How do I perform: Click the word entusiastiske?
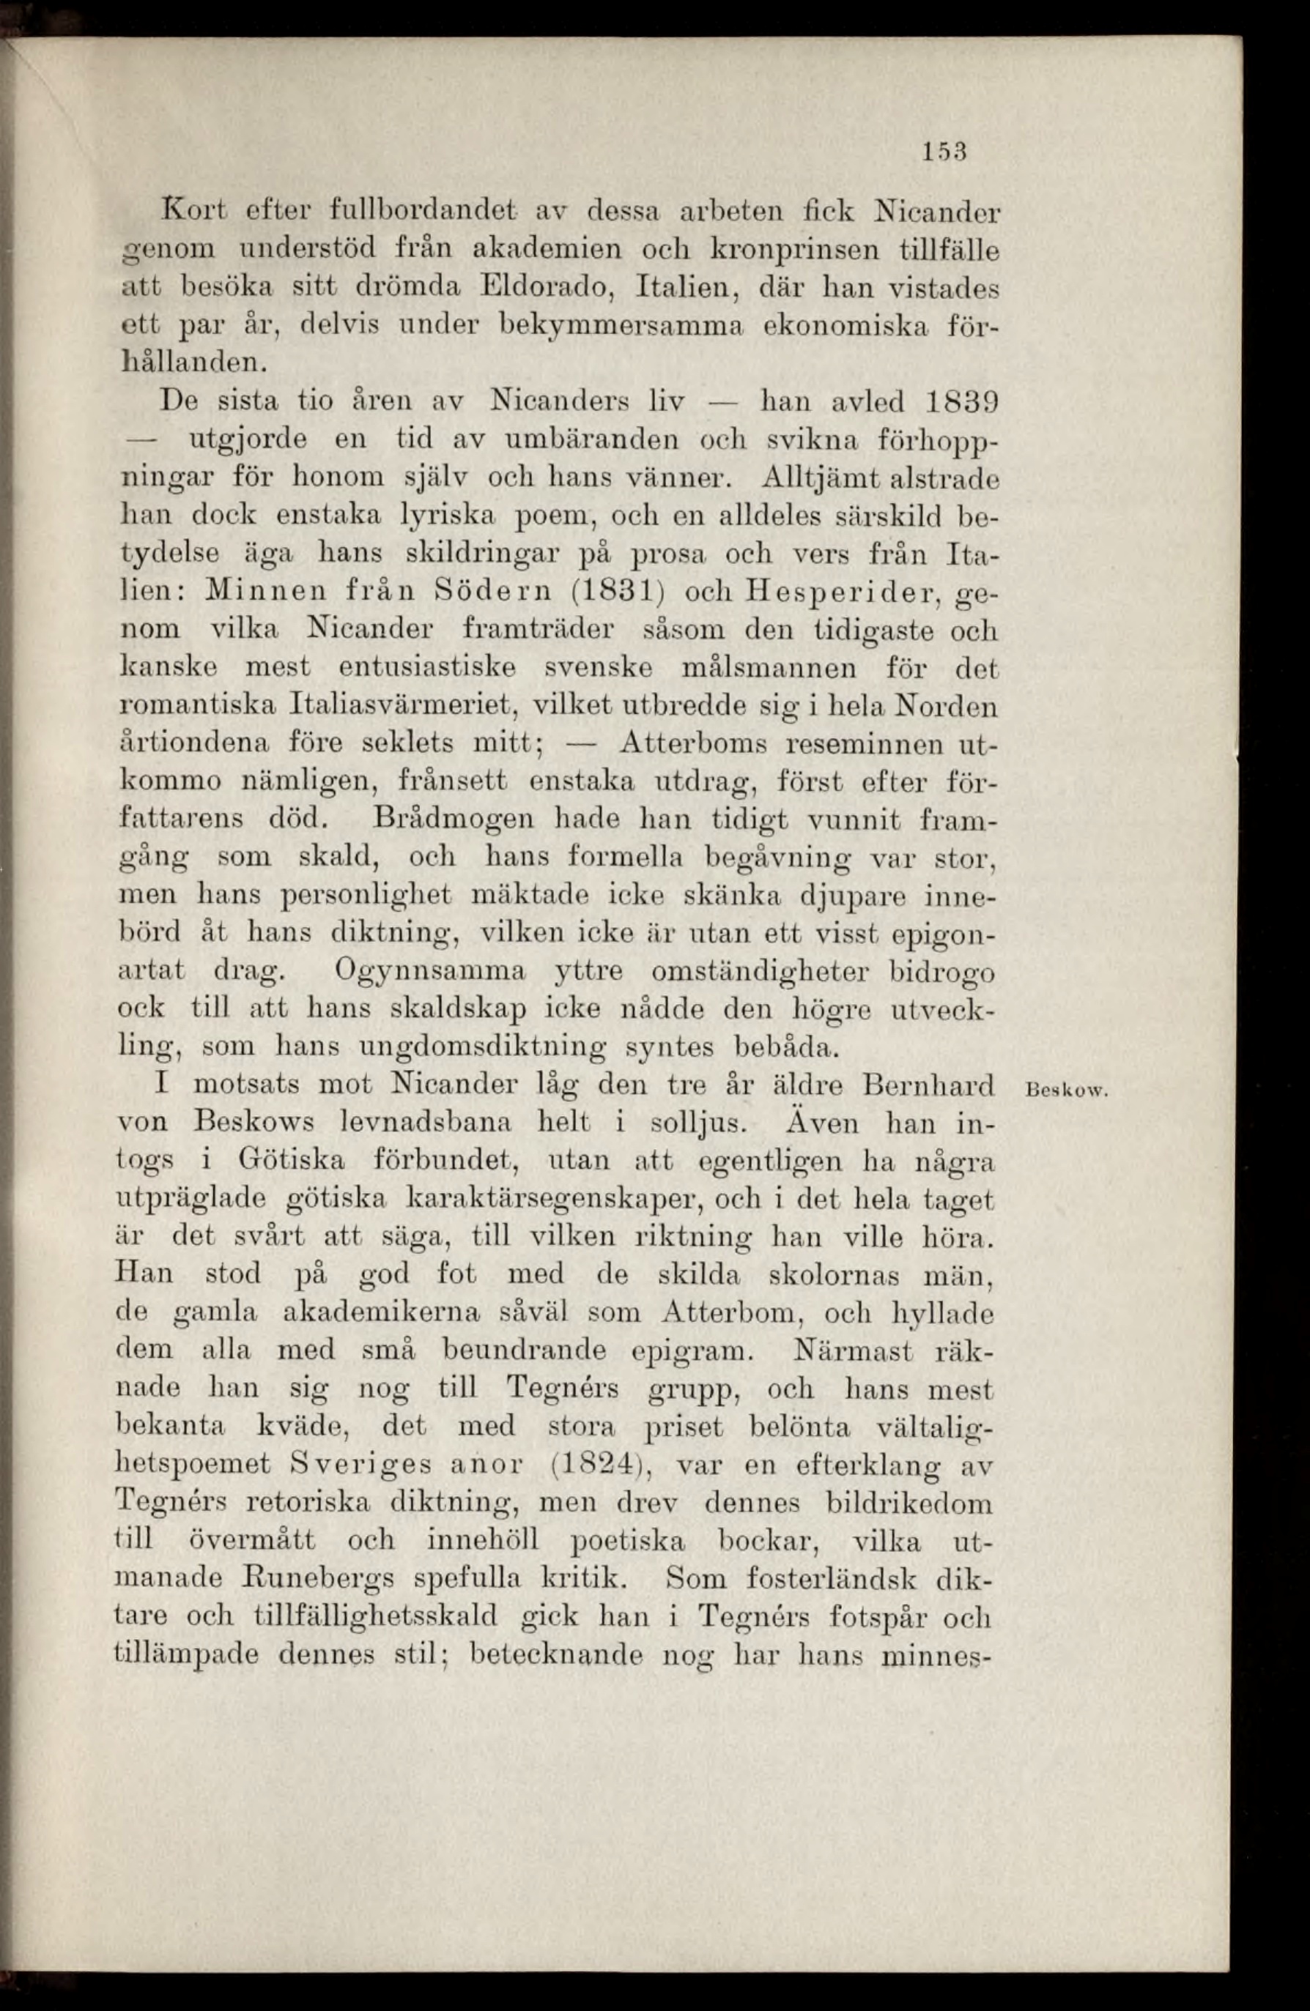(427, 666)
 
